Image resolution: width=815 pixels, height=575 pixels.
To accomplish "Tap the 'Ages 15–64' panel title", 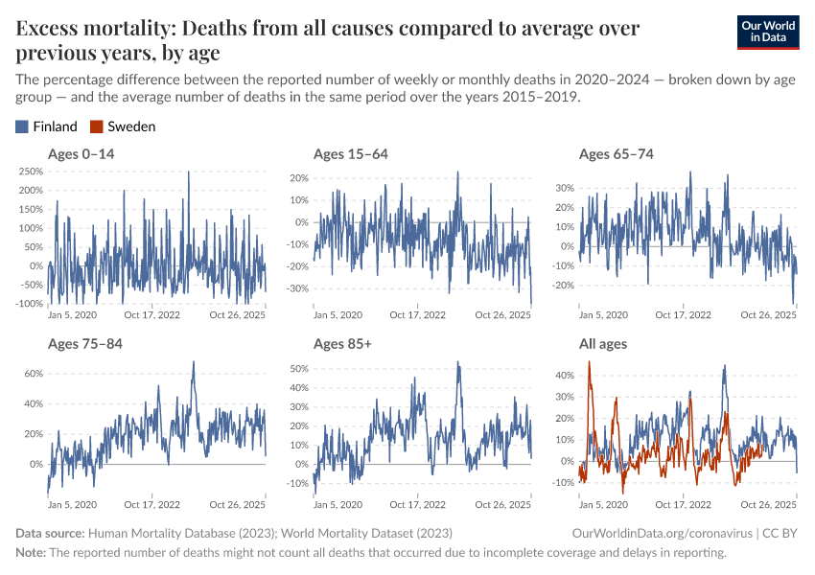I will point(351,153).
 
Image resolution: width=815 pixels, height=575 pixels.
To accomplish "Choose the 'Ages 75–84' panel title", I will point(85,343).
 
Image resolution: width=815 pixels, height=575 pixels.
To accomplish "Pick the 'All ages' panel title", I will point(606,343).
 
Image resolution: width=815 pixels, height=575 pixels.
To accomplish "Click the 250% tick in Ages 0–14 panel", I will point(30,172).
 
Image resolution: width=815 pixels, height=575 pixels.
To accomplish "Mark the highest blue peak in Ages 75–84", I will point(194,362).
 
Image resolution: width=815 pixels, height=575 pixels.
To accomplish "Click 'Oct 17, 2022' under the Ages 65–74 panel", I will point(685,314).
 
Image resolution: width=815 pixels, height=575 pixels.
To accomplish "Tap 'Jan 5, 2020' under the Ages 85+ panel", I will point(338,504).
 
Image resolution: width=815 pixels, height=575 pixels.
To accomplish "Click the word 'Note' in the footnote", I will point(30,553).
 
